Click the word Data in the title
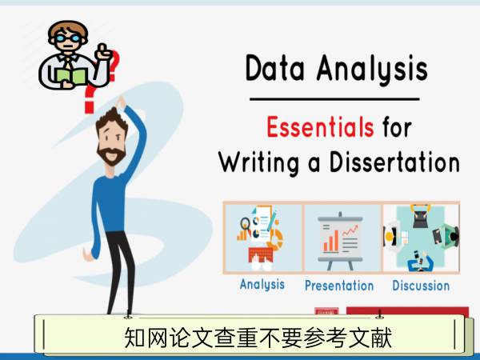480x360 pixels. (275, 68)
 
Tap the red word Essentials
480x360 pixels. (320, 126)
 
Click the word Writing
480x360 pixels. (259, 163)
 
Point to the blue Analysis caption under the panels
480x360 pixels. (262, 284)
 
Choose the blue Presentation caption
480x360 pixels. (339, 286)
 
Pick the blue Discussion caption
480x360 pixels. (421, 286)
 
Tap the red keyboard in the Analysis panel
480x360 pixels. (261, 254)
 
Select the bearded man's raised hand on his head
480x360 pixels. (121, 102)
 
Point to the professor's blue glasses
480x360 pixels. (68, 38)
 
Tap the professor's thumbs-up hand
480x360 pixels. (103, 52)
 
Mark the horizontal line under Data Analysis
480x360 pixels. (334, 99)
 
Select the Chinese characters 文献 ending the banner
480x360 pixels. (370, 338)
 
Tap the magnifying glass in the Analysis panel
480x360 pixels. (246, 224)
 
